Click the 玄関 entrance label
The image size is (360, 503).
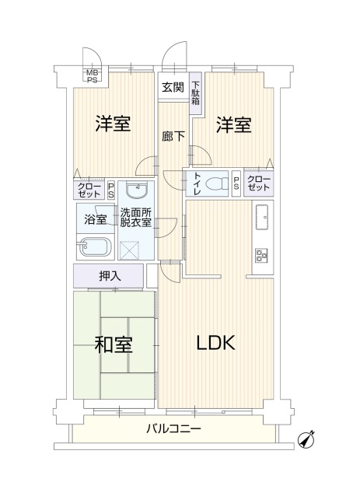pos(173,87)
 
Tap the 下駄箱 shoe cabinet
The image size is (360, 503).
pos(195,93)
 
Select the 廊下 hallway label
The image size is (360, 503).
pos(173,137)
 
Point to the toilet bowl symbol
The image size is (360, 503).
pos(215,184)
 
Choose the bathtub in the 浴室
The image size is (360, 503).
pos(96,247)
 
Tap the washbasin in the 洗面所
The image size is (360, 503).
pos(137,190)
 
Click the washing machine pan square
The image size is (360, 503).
pos(130,250)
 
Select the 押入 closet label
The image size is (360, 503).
pos(110,276)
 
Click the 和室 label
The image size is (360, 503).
pos(114,344)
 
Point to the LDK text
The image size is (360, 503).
pos(215,343)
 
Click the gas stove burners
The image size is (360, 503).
pos(261,255)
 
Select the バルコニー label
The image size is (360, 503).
pos(173,428)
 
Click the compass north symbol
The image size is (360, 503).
pos(306,440)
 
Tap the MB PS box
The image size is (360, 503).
pos(93,76)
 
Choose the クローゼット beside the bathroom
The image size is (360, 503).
pos(89,190)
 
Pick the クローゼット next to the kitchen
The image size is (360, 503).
pos(259,183)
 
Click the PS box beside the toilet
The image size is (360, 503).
pos(236,183)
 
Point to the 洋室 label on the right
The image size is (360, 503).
pos(233,125)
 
